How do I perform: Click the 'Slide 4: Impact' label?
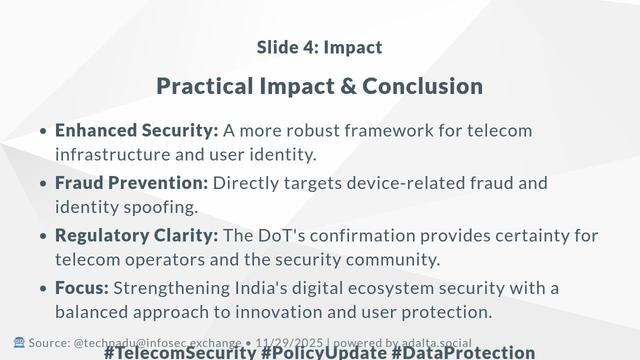[319, 47]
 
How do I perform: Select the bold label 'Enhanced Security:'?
[136, 130]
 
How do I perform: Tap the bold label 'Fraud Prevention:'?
[131, 183]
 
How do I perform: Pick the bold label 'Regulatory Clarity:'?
[136, 236]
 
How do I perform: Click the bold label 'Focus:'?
[82, 288]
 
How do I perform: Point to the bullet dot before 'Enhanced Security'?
[43, 132]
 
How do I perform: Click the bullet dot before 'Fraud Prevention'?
[43, 185]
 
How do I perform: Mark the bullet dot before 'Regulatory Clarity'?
[43, 237]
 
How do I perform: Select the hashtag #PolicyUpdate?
[323, 352]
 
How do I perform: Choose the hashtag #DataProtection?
[463, 352]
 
